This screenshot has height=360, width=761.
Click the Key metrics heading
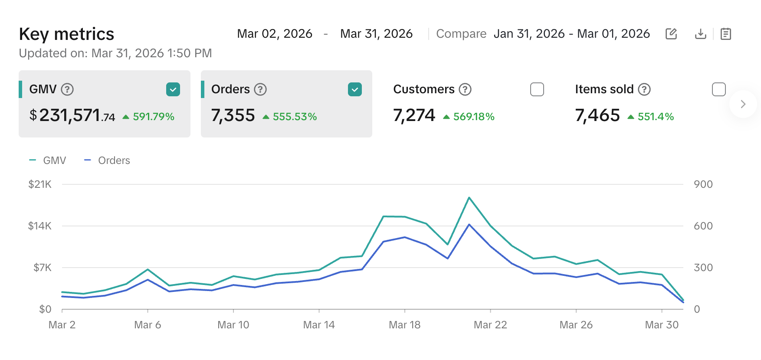[x=66, y=34]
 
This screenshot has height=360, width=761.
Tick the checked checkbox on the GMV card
[x=173, y=89]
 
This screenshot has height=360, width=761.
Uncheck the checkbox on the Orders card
[x=355, y=89]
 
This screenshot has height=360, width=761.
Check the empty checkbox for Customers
[x=537, y=89]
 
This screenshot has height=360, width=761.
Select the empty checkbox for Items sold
[x=718, y=89]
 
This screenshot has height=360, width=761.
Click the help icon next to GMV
[x=67, y=89]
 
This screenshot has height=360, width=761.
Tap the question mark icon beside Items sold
[x=644, y=89]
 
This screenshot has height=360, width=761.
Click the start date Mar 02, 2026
[x=275, y=34]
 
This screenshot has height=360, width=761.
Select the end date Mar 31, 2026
[x=376, y=34]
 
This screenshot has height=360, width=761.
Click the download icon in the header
[x=700, y=34]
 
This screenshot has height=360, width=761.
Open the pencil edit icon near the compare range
[x=671, y=34]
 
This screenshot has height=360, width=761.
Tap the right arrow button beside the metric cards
[x=743, y=104]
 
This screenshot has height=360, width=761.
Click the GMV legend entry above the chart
[x=54, y=160]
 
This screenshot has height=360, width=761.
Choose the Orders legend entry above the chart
[x=114, y=160]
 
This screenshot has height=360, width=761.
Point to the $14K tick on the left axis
[x=39, y=226]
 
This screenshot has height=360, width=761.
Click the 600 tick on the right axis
[x=703, y=226]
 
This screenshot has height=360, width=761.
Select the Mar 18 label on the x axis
[x=404, y=325]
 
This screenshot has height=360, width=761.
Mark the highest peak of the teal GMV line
[x=469, y=198]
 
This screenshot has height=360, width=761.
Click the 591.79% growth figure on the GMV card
[x=153, y=117]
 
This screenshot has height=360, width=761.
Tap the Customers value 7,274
[x=414, y=115]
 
